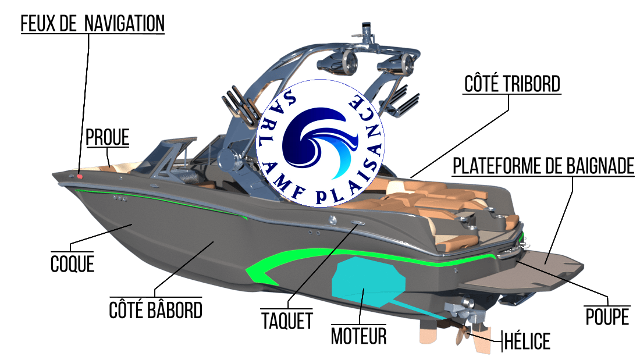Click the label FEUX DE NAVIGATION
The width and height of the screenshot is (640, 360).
[x=93, y=24]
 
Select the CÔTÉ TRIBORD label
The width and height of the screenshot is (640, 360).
[x=512, y=84]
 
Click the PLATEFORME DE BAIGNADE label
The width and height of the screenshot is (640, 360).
[x=543, y=166]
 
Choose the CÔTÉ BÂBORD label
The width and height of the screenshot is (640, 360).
[x=156, y=309]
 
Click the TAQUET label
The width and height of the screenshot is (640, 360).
[x=286, y=320]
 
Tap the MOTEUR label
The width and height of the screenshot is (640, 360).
[x=359, y=335]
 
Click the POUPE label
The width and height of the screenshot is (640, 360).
[x=607, y=317]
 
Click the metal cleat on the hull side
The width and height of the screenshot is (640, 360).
[x=357, y=223]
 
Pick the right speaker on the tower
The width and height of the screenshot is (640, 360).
[x=403, y=63]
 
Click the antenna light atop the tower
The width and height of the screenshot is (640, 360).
[x=367, y=28]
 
